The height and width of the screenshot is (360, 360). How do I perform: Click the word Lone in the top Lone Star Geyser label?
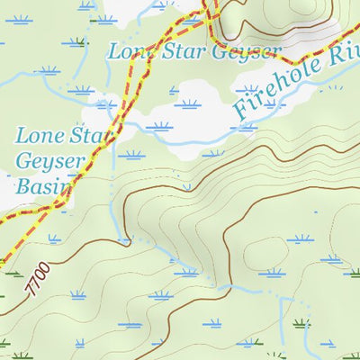[x=128, y=51]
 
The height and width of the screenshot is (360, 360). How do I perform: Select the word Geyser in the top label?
[x=236, y=52]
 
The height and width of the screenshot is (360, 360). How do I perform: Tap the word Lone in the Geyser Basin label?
[x=39, y=138]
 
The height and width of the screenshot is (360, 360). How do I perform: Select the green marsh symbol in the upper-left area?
[x=82, y=41]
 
